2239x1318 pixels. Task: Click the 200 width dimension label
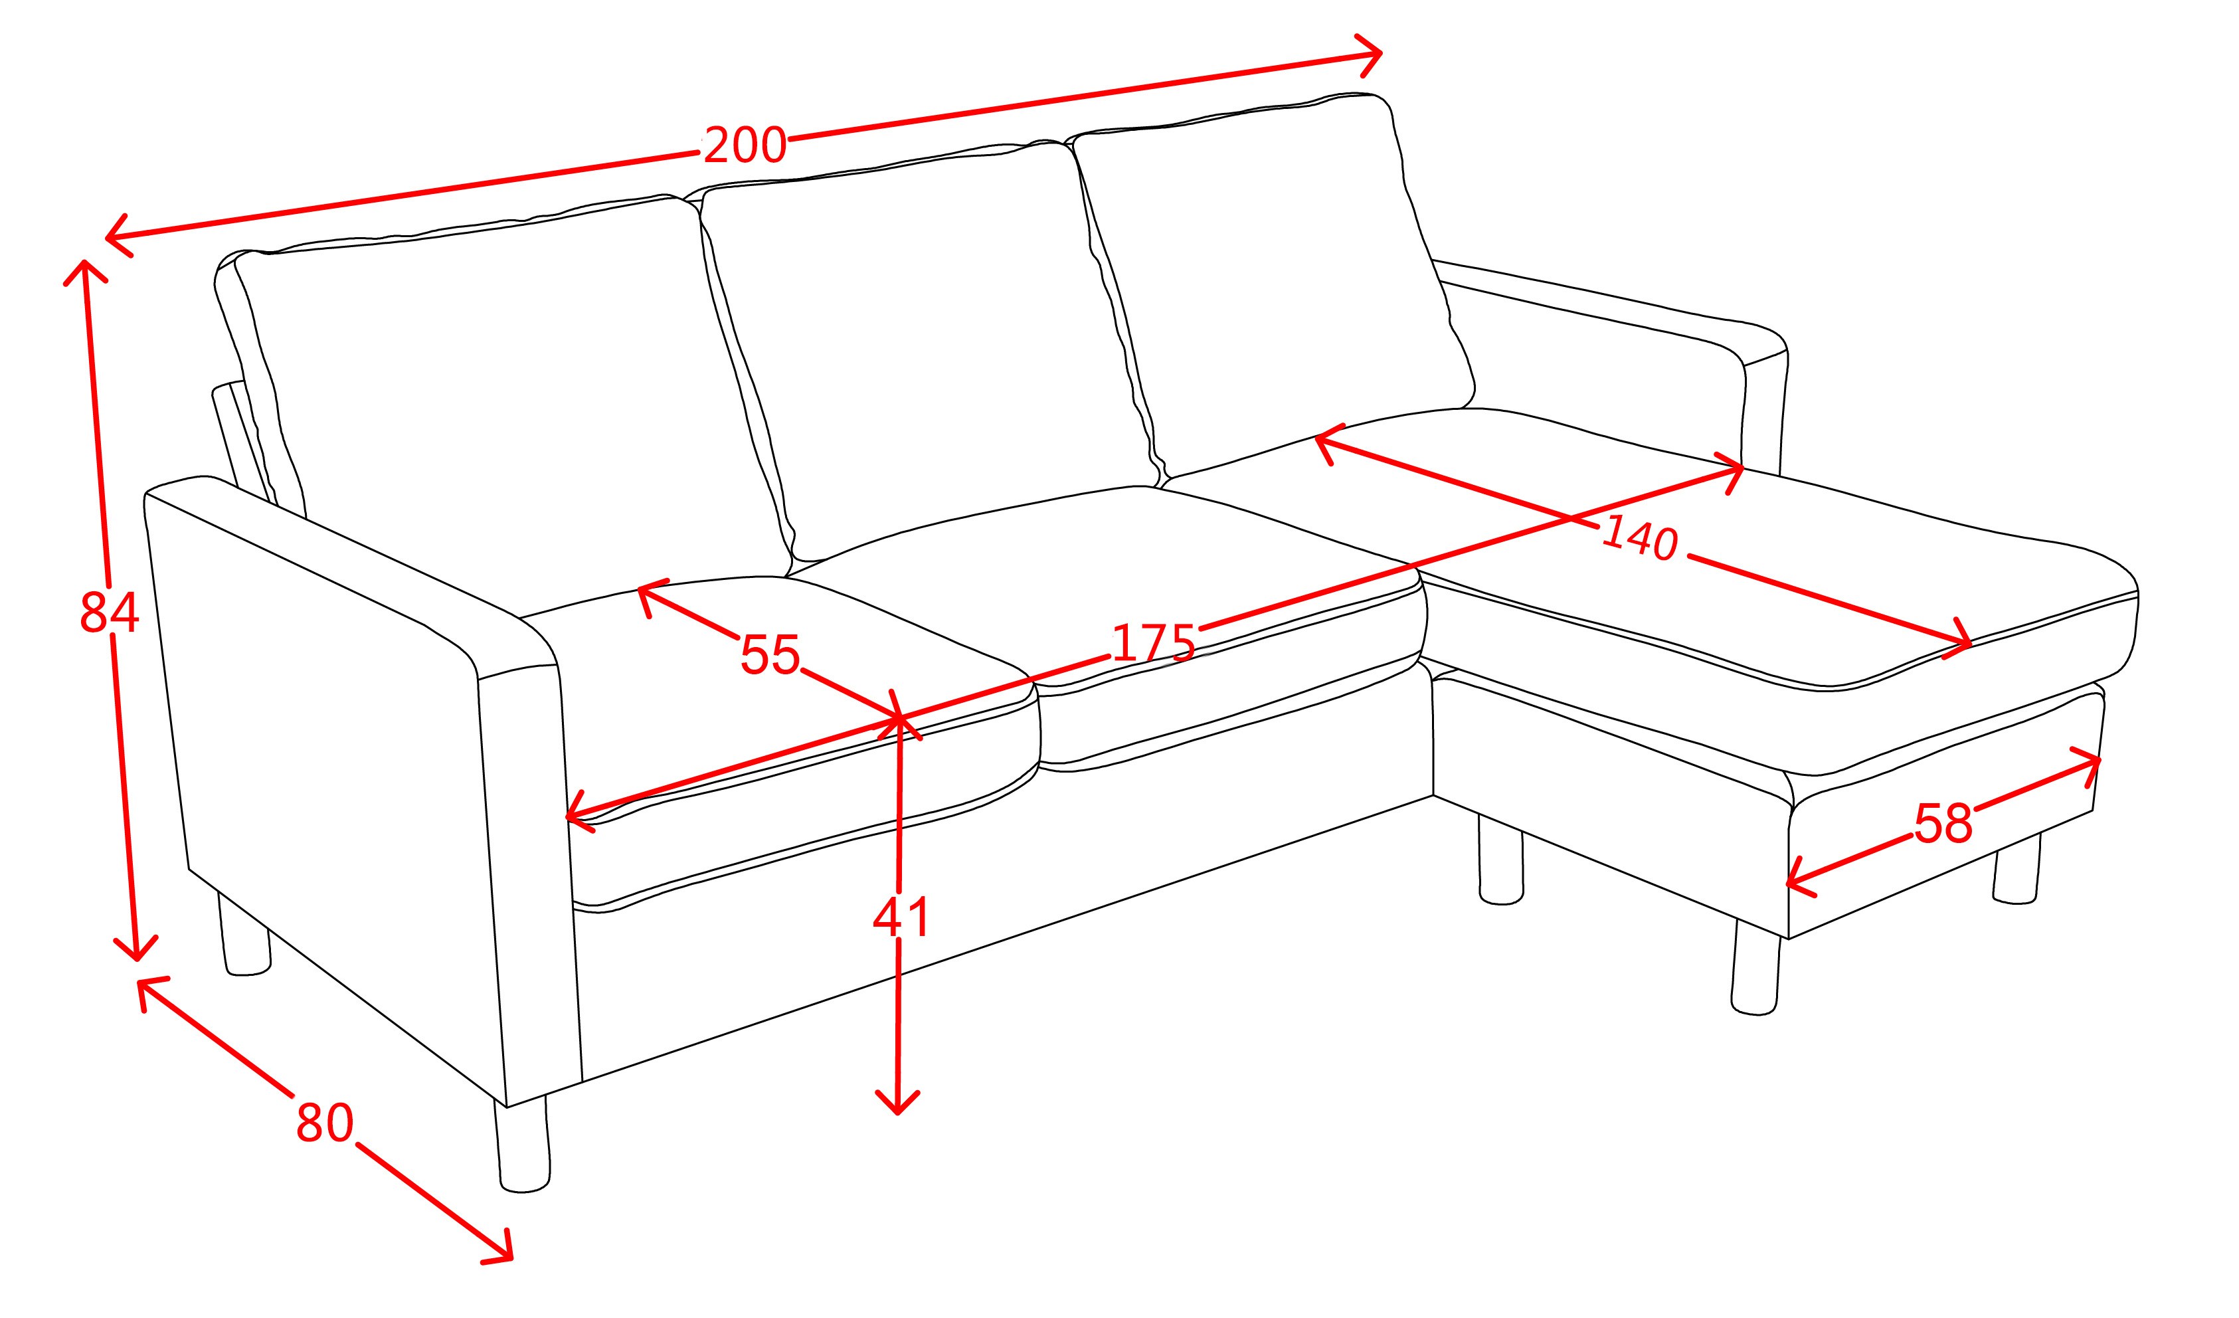pos(745,145)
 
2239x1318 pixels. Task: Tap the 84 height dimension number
pos(110,613)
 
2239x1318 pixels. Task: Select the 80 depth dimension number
pos(325,1123)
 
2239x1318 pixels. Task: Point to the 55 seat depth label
pos(770,654)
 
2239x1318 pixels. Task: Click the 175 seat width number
pos(1153,642)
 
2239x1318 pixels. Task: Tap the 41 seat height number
pos(900,917)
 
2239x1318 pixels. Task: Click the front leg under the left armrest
pos(524,1147)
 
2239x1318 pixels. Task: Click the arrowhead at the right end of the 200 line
pos(1368,55)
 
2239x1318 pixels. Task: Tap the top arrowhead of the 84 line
pos(84,271)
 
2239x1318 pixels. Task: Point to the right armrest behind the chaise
pos(1608,355)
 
